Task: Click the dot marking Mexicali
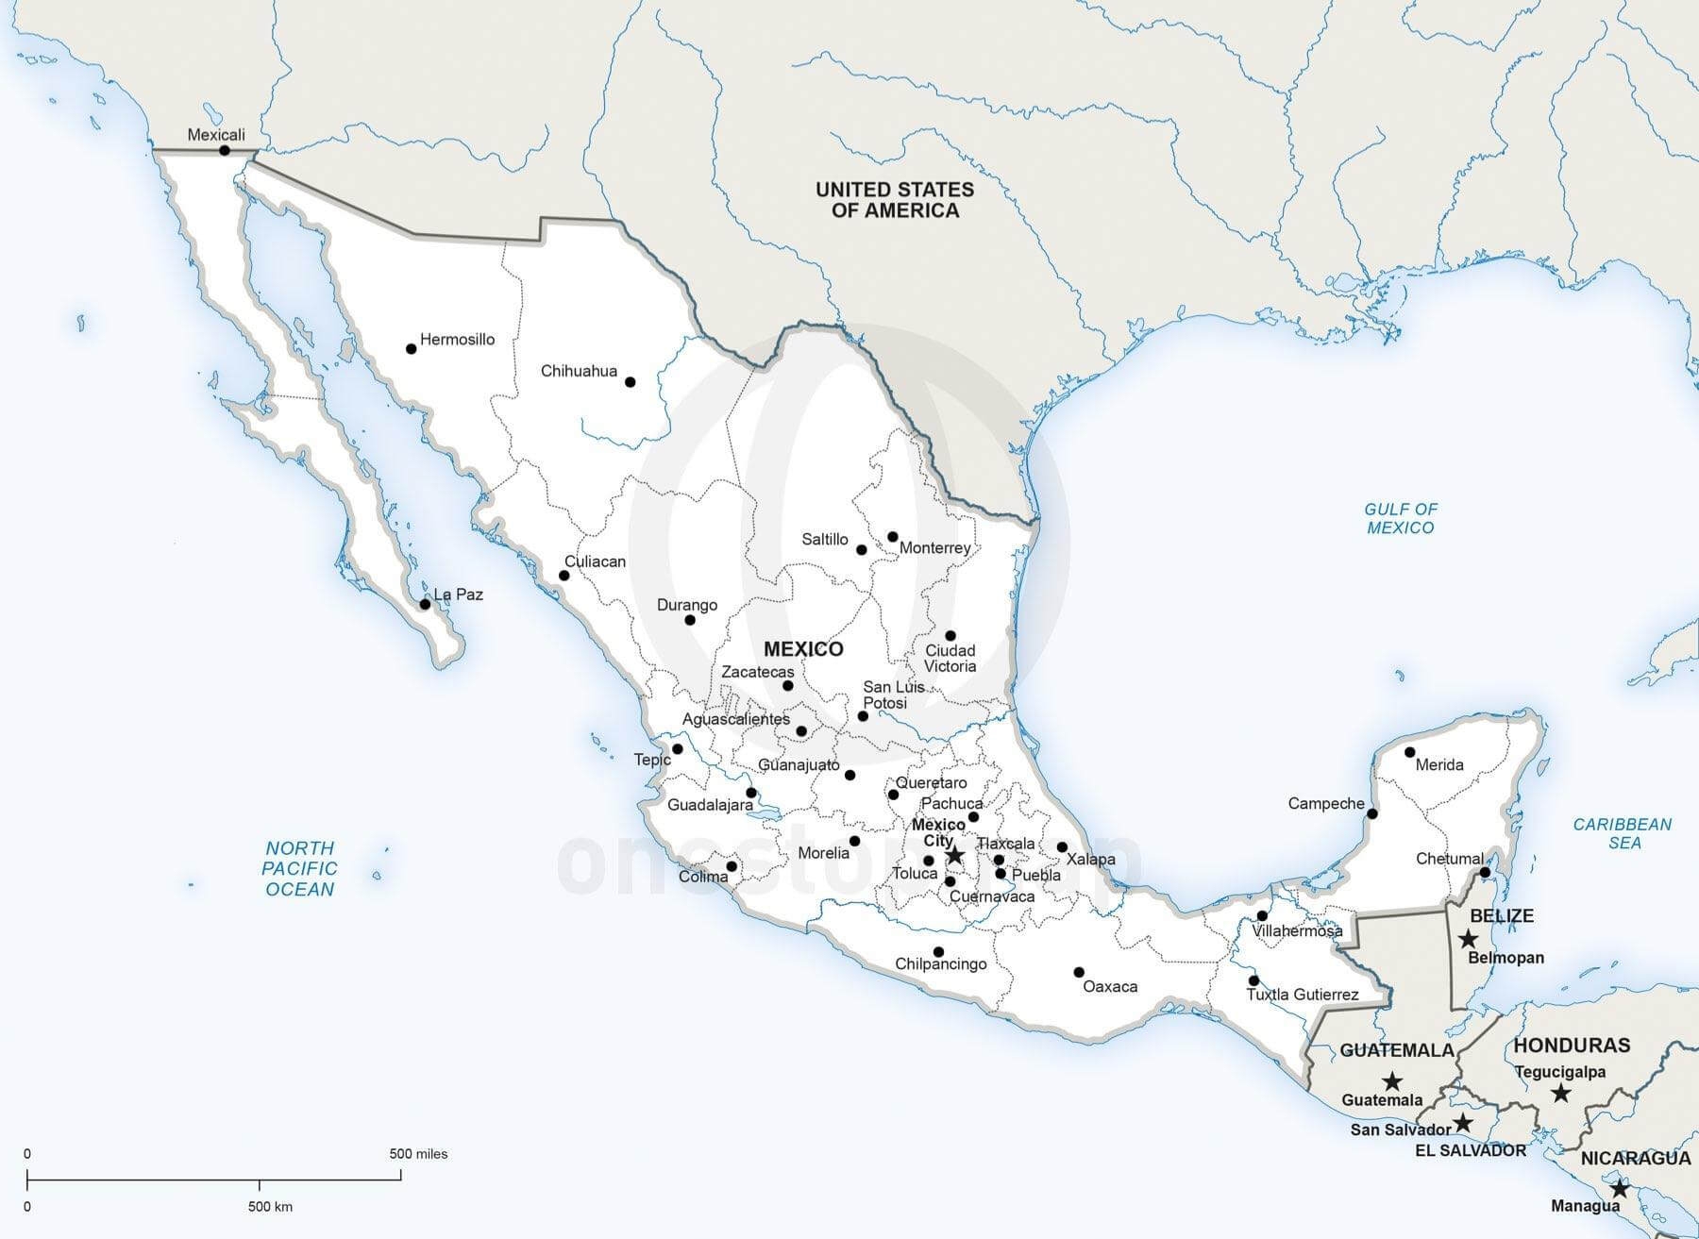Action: [x=225, y=151]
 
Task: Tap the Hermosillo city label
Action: [x=457, y=340]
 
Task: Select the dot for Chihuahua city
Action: [x=631, y=382]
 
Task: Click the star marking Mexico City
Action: [x=954, y=855]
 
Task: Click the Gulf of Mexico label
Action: [x=1401, y=518]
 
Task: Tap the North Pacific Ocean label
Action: [x=299, y=868]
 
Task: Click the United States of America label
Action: [x=895, y=200]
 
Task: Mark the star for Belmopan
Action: [x=1468, y=939]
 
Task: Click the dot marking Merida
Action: [x=1409, y=752]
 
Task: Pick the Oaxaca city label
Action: [x=1110, y=987]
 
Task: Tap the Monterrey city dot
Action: [x=893, y=537]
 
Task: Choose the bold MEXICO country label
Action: [x=803, y=649]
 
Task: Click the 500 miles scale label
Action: [x=418, y=1154]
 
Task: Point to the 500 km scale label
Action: [x=270, y=1207]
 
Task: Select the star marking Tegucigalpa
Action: [x=1560, y=1093]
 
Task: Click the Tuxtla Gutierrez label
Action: [x=1303, y=995]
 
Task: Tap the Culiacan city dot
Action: [x=564, y=576]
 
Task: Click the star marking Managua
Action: [x=1620, y=1189]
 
